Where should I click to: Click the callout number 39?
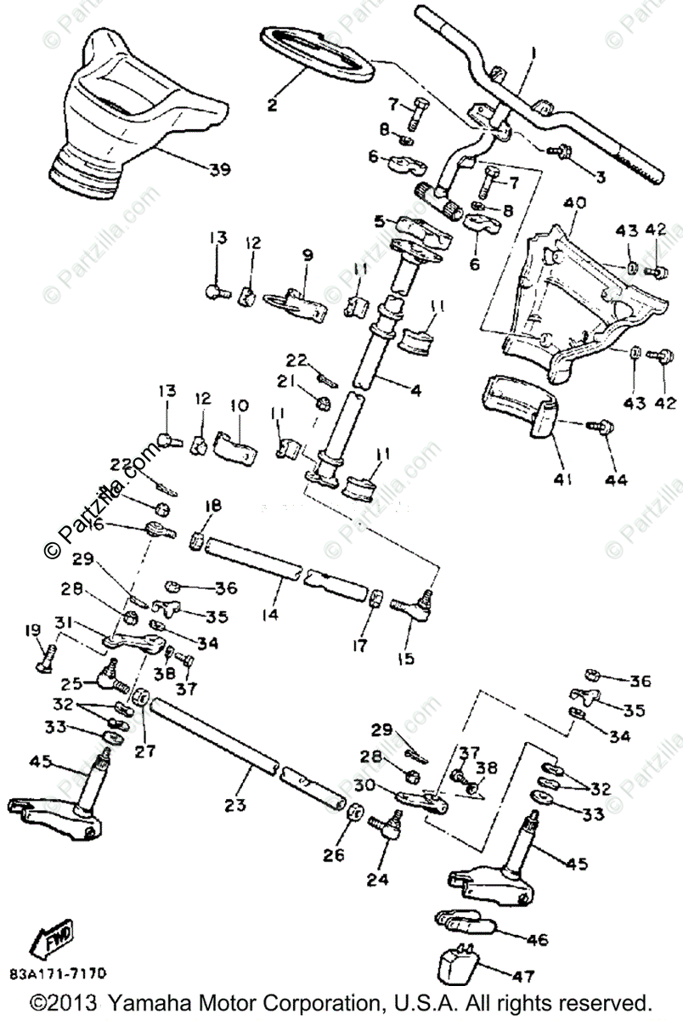(219, 169)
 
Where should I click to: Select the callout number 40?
(574, 204)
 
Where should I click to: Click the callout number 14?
(272, 611)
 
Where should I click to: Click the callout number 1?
(533, 54)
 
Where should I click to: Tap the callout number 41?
(561, 479)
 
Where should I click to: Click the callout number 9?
(308, 254)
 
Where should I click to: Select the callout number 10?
(239, 405)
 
